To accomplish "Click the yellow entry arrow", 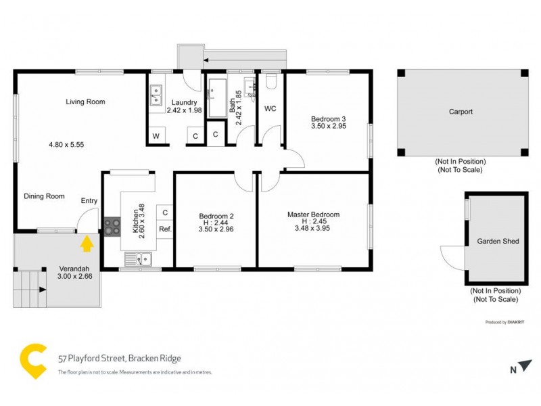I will (87, 242).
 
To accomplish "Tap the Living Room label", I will (85, 102).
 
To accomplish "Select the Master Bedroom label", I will (313, 215).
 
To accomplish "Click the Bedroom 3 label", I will (329, 118).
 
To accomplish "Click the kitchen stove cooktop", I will (112, 226).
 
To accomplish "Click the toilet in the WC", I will (271, 83).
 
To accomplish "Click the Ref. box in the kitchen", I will (165, 229).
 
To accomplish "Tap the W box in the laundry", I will (156, 136).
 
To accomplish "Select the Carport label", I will (461, 112).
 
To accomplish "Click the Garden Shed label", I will (494, 241).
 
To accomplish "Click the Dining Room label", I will (44, 196).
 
